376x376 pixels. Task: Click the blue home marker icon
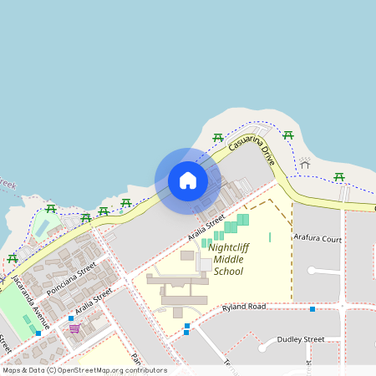(188, 180)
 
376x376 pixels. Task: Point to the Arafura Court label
(318, 238)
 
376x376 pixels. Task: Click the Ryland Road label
(243, 307)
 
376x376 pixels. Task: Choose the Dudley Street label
(301, 339)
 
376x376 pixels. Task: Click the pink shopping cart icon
(74, 328)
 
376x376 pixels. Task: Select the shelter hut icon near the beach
(305, 164)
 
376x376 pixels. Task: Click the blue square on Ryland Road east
(312, 309)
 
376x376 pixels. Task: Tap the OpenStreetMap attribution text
(84, 369)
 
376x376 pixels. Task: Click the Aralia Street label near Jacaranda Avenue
(93, 303)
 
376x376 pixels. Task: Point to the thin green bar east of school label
(270, 237)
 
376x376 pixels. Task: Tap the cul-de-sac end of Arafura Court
(312, 271)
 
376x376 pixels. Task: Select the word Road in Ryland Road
(256, 307)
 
